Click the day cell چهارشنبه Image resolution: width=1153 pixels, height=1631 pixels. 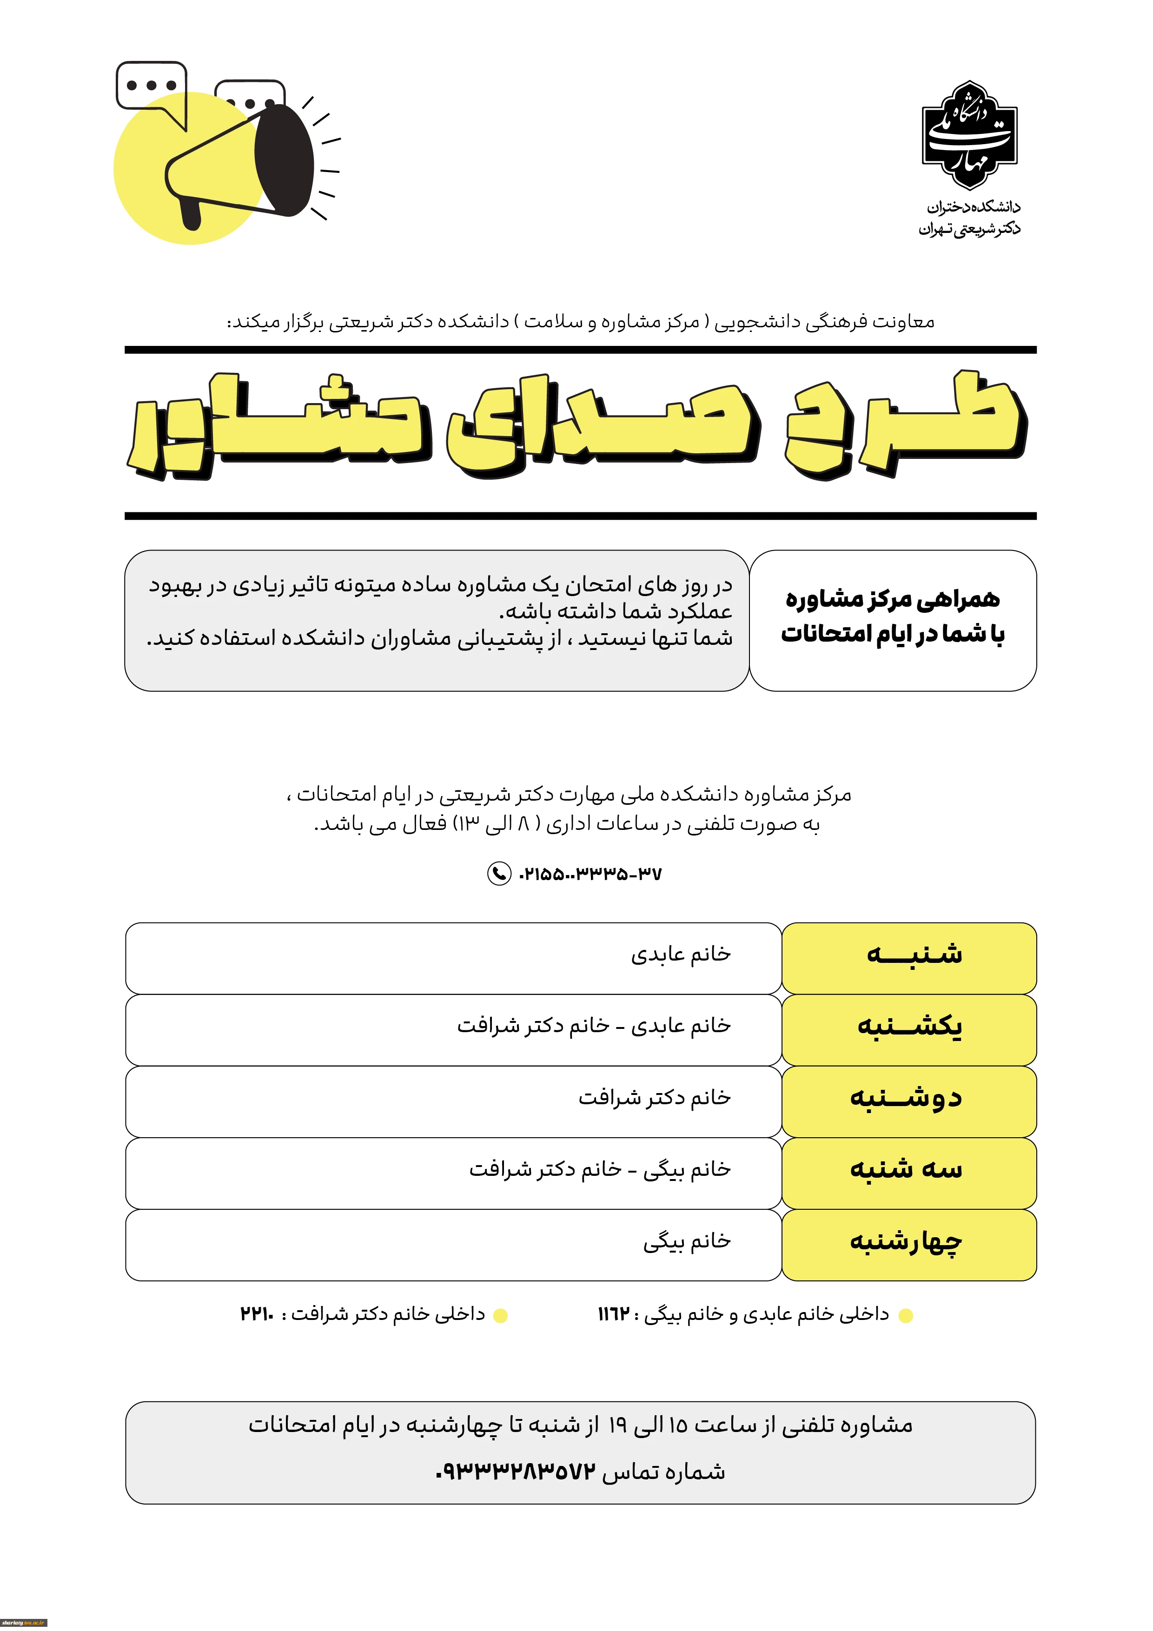908,1245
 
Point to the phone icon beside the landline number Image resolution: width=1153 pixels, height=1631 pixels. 499,873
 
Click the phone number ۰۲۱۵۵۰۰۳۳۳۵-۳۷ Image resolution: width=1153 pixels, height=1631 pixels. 590,874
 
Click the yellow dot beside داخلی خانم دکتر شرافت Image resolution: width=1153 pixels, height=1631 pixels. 500,1316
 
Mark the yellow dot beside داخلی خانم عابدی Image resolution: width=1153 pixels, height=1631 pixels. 905,1316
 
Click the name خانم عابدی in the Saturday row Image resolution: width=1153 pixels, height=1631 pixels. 681,955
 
